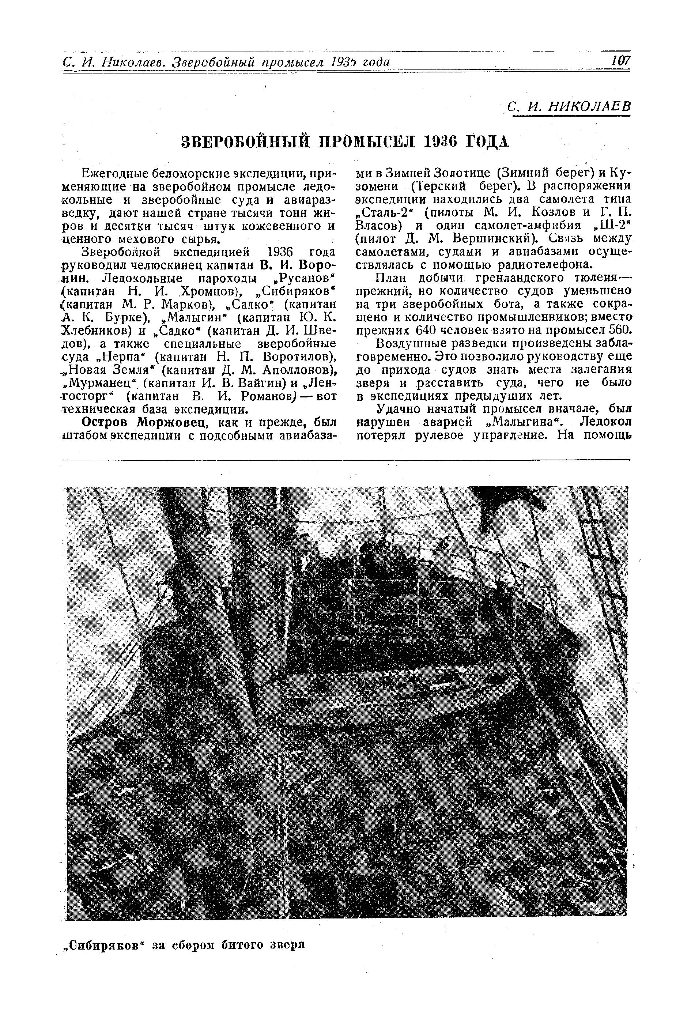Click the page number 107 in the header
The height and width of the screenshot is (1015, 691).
point(620,61)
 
